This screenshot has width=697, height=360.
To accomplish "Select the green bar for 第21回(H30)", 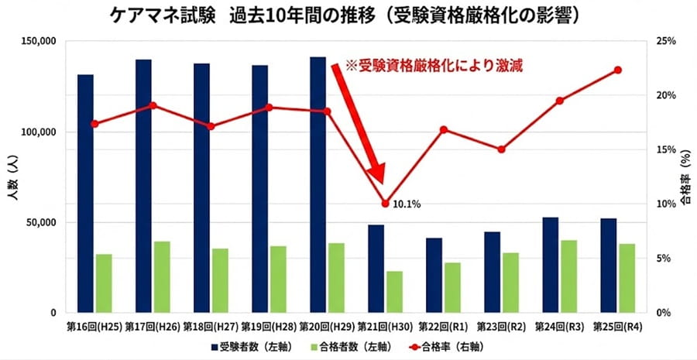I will click(x=394, y=292).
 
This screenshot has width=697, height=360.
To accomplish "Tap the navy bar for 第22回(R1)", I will click(x=434, y=275).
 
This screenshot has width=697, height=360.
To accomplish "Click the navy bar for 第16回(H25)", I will click(x=85, y=194).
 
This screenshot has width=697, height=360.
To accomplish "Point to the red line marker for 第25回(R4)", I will click(x=618, y=70).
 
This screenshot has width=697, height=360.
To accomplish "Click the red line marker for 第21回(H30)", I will click(x=385, y=204).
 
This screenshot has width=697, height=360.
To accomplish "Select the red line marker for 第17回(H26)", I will click(x=153, y=105).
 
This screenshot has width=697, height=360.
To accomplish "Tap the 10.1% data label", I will click(x=406, y=204).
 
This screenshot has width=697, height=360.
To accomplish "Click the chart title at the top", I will click(x=348, y=17).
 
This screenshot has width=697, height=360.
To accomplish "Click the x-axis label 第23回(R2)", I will click(x=501, y=326).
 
